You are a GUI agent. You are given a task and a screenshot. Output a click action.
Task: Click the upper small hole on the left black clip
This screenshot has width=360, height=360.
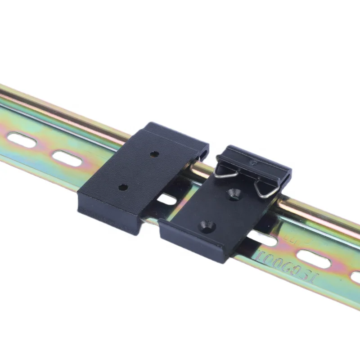click(154, 154)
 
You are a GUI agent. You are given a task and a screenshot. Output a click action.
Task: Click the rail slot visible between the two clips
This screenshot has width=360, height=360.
click(167, 198)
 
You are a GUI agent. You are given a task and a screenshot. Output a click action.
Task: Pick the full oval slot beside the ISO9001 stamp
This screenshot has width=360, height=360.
click(314, 259)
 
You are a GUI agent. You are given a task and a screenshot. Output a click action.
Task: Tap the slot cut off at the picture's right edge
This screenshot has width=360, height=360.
click(355, 276)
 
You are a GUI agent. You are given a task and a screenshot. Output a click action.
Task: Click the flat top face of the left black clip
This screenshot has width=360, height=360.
click(135, 171)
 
